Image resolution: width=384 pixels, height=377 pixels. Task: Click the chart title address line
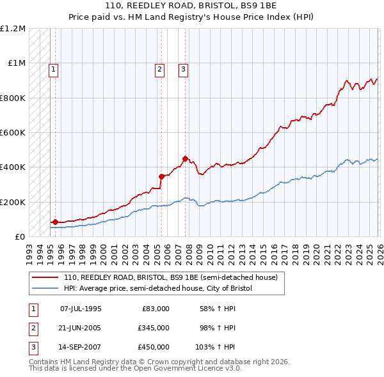click(x=191, y=5)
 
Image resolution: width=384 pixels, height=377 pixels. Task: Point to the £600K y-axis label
click(x=13, y=132)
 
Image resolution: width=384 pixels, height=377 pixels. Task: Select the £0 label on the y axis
click(x=21, y=236)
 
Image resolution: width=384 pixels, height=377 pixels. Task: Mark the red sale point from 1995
click(x=55, y=222)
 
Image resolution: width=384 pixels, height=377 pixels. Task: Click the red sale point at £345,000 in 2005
click(x=161, y=176)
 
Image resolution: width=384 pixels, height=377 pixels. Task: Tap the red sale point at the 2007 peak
click(x=185, y=158)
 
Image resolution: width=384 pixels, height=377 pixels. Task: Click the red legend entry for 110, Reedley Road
click(x=170, y=278)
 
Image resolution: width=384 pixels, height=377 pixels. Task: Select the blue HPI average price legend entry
click(x=158, y=289)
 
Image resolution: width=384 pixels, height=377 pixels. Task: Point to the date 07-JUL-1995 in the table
click(x=81, y=309)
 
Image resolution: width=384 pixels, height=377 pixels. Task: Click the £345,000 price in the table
click(x=154, y=328)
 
